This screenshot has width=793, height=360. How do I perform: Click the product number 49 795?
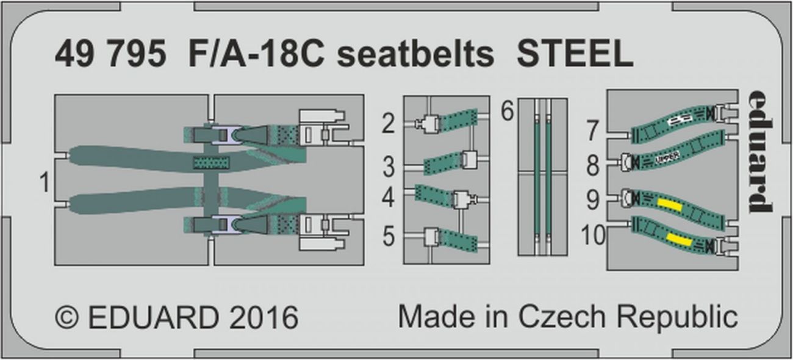tap(110, 56)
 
